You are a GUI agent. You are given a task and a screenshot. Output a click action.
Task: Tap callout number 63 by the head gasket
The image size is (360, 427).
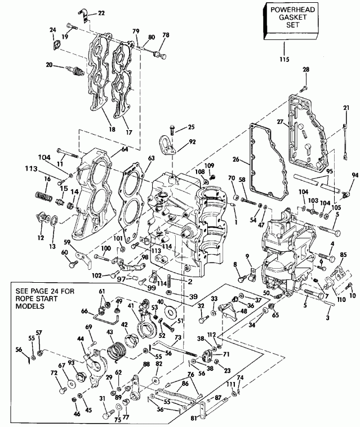(151, 159)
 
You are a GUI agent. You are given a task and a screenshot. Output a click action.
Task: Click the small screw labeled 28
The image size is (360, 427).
(303, 87)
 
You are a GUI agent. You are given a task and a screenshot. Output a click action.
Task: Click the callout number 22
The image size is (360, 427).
(101, 12)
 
